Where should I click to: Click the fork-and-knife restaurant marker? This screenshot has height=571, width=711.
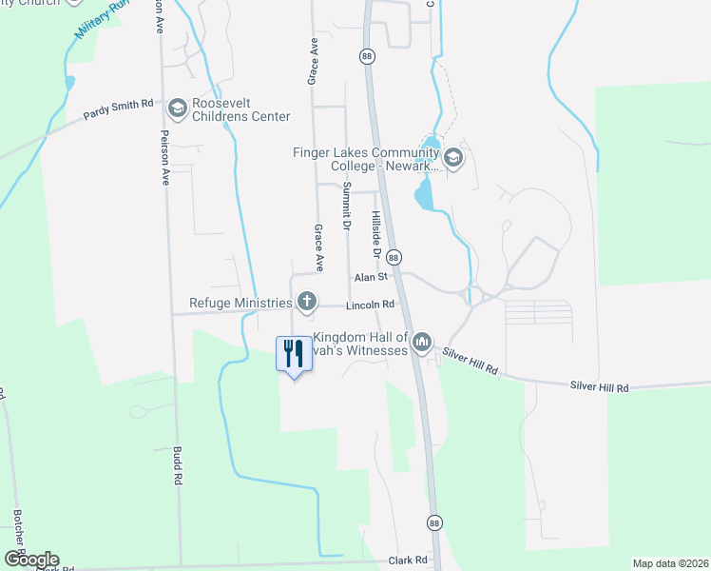(x=293, y=354)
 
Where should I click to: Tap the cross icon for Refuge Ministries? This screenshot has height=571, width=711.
(x=306, y=302)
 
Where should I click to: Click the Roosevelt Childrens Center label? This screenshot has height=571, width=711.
(x=240, y=110)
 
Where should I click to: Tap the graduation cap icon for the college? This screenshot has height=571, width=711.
(x=452, y=158)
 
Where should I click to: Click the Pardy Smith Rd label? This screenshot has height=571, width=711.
(x=118, y=105)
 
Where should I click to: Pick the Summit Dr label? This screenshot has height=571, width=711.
(x=348, y=205)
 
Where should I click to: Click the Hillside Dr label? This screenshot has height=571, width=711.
(x=376, y=234)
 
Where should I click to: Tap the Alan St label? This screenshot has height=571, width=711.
(x=372, y=277)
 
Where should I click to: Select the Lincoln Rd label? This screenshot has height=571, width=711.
(x=370, y=305)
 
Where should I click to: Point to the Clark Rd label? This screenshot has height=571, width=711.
(x=407, y=561)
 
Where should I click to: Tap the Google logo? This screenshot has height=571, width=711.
(x=31, y=559)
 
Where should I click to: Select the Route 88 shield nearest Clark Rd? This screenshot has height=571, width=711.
(x=434, y=523)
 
